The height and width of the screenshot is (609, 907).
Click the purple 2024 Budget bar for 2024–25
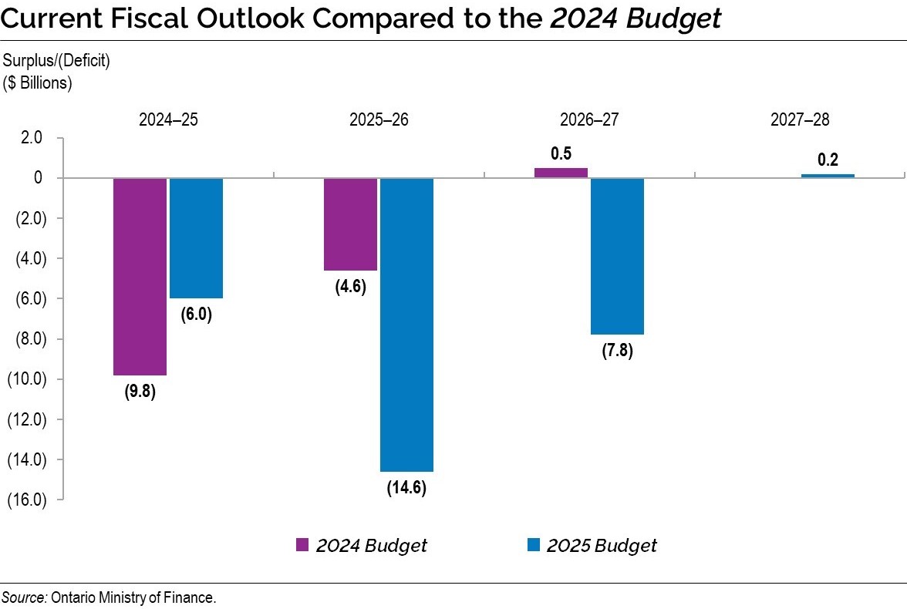click(140, 276)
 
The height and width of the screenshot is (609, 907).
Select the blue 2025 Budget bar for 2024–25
click(196, 237)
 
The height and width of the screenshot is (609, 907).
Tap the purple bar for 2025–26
click(350, 224)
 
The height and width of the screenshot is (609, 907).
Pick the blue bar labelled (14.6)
click(406, 324)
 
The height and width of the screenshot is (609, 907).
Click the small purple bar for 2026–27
click(561, 173)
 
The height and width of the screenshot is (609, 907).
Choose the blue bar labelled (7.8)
click(617, 256)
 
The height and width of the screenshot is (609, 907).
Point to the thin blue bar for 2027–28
click(828, 176)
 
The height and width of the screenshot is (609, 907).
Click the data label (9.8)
click(140, 391)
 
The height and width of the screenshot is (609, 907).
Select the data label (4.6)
click(350, 287)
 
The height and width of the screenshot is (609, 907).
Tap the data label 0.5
click(561, 153)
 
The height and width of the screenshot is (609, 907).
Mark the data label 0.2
click(828, 160)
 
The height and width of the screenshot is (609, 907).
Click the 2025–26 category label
click(379, 119)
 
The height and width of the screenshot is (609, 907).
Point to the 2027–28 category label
click(800, 119)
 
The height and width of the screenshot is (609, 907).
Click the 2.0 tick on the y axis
click(32, 138)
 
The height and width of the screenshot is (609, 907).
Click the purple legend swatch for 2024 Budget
click(303, 545)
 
